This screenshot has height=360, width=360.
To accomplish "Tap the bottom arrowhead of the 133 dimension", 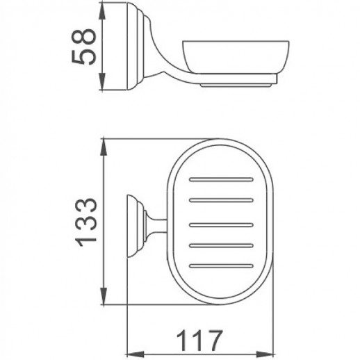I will pyautogui.click(x=103, y=300).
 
